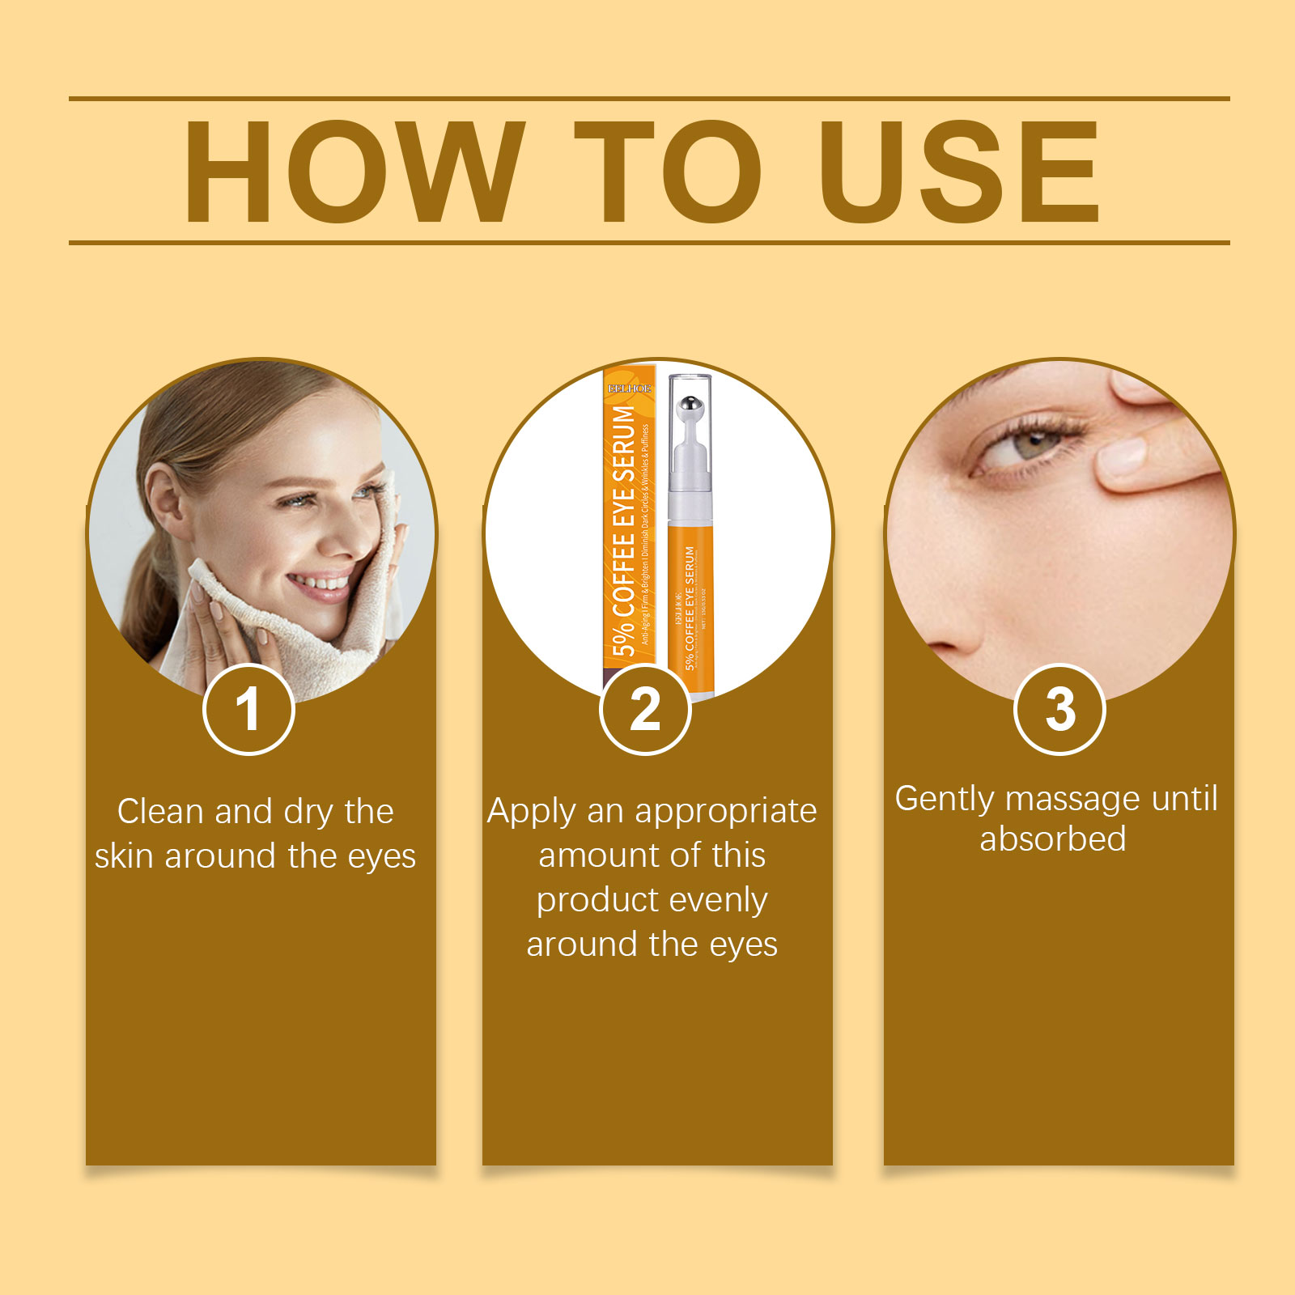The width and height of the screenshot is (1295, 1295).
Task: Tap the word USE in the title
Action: coord(959,172)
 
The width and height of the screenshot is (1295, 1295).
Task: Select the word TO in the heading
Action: coord(668,172)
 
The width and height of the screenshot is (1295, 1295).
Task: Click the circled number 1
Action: coord(248,710)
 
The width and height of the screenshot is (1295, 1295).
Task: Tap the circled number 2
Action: coord(645,710)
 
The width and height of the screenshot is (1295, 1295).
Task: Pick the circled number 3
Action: coord(1059,710)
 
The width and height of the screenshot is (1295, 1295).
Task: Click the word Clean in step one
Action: coord(159,812)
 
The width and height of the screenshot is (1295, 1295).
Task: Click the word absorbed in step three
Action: coord(1052,839)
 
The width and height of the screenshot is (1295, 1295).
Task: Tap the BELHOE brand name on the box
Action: coord(629,388)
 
